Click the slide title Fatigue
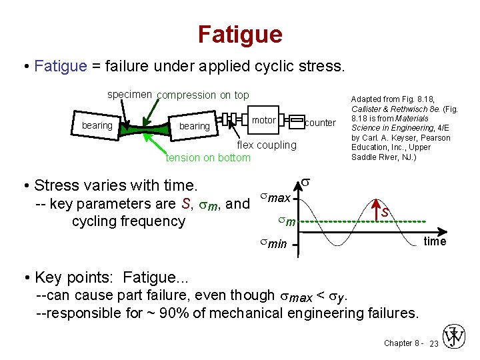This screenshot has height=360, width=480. (240, 34)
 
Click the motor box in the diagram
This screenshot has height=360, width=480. (264, 120)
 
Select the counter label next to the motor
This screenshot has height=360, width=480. (320, 123)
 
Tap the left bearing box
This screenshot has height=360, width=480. (97, 125)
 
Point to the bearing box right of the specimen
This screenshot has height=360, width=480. (195, 126)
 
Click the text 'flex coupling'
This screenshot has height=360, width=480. (267, 145)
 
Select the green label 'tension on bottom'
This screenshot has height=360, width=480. (208, 157)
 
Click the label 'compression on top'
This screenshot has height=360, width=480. (203, 95)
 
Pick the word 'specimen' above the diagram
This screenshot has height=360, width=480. (130, 95)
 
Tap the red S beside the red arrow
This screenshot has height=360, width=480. (386, 212)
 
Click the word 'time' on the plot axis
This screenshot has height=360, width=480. (435, 241)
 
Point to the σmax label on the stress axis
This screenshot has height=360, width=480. (275, 198)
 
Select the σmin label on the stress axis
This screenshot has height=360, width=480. (273, 244)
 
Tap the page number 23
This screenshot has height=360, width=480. (433, 343)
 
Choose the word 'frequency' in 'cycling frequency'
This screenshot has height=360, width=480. (153, 221)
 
